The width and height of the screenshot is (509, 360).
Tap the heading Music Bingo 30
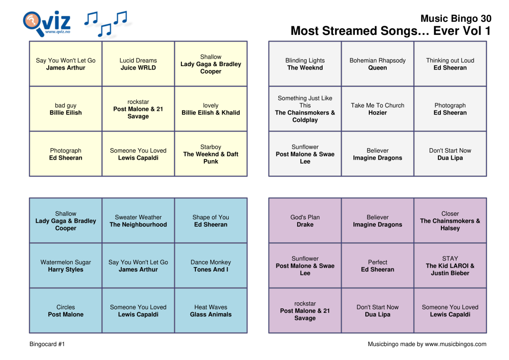click(x=455, y=18)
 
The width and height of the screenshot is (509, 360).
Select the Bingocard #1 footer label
click(x=47, y=344)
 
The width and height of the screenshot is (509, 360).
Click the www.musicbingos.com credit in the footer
click(x=427, y=344)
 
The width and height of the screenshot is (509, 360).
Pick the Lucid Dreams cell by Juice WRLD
click(x=138, y=64)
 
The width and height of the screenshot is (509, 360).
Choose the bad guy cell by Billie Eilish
click(x=66, y=109)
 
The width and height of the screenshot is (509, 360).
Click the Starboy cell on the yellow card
click(x=211, y=154)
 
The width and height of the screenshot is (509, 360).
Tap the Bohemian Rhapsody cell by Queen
click(x=377, y=64)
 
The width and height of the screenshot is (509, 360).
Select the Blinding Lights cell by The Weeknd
click(x=305, y=64)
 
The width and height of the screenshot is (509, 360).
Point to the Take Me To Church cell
click(x=377, y=109)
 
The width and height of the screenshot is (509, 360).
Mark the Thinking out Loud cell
click(x=450, y=64)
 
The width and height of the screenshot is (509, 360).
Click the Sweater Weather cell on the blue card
click(x=138, y=221)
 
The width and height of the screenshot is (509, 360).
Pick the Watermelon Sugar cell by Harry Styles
click(x=66, y=266)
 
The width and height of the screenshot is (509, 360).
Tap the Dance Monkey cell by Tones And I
click(x=211, y=266)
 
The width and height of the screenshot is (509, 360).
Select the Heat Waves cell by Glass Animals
click(x=211, y=311)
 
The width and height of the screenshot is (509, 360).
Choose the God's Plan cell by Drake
click(x=305, y=221)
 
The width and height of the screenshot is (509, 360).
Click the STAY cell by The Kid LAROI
click(x=450, y=266)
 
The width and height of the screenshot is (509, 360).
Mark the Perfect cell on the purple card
click(x=377, y=266)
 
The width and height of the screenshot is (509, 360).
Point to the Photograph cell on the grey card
click(x=450, y=109)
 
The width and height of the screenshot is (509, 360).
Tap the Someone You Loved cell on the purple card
click(x=450, y=311)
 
